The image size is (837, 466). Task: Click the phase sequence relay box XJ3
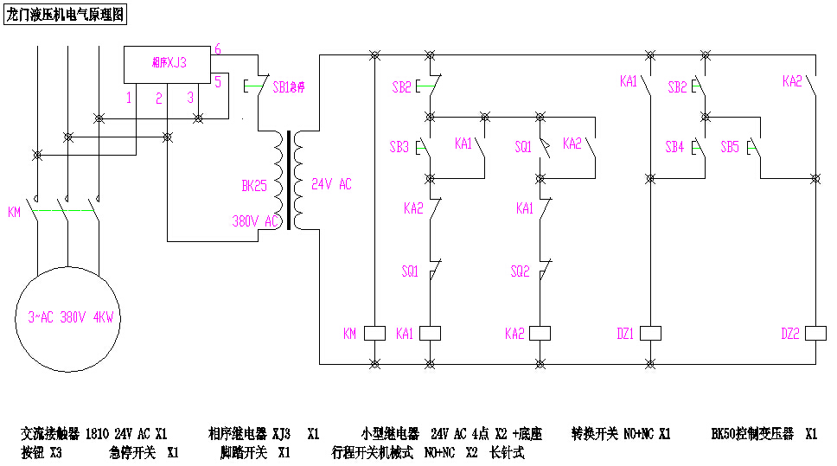click(x=169, y=62)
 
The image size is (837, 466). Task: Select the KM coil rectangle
click(x=374, y=333)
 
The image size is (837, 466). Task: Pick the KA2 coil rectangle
click(x=540, y=333)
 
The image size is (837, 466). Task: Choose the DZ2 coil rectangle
click(x=815, y=333)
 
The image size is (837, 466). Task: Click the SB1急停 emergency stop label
click(x=289, y=87)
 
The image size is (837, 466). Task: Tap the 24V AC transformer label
click(x=331, y=185)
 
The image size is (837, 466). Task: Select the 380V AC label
click(x=253, y=220)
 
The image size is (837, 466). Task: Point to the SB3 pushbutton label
click(x=399, y=147)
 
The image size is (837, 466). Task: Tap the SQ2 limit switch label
click(x=519, y=271)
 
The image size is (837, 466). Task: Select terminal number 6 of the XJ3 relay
click(x=218, y=50)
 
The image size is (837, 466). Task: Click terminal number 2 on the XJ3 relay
click(x=159, y=99)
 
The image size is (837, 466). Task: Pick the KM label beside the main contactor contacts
click(x=14, y=213)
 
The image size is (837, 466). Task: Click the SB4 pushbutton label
click(x=674, y=147)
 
